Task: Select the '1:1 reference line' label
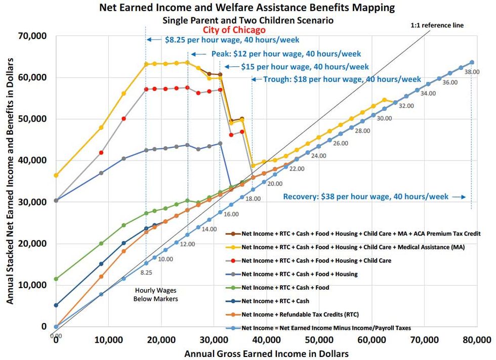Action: pos(437,25)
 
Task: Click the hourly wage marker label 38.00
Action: pos(471,72)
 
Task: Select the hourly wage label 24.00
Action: pos(318,155)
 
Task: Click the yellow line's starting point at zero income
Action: pos(56,175)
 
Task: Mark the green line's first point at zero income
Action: pos(56,279)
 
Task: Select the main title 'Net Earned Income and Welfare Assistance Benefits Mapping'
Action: pos(248,9)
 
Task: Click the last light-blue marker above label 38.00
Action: pos(472,62)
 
